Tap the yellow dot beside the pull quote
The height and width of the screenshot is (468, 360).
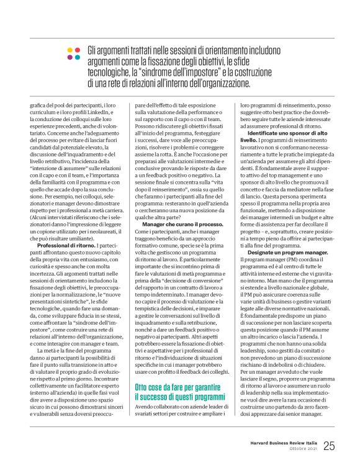69,49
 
